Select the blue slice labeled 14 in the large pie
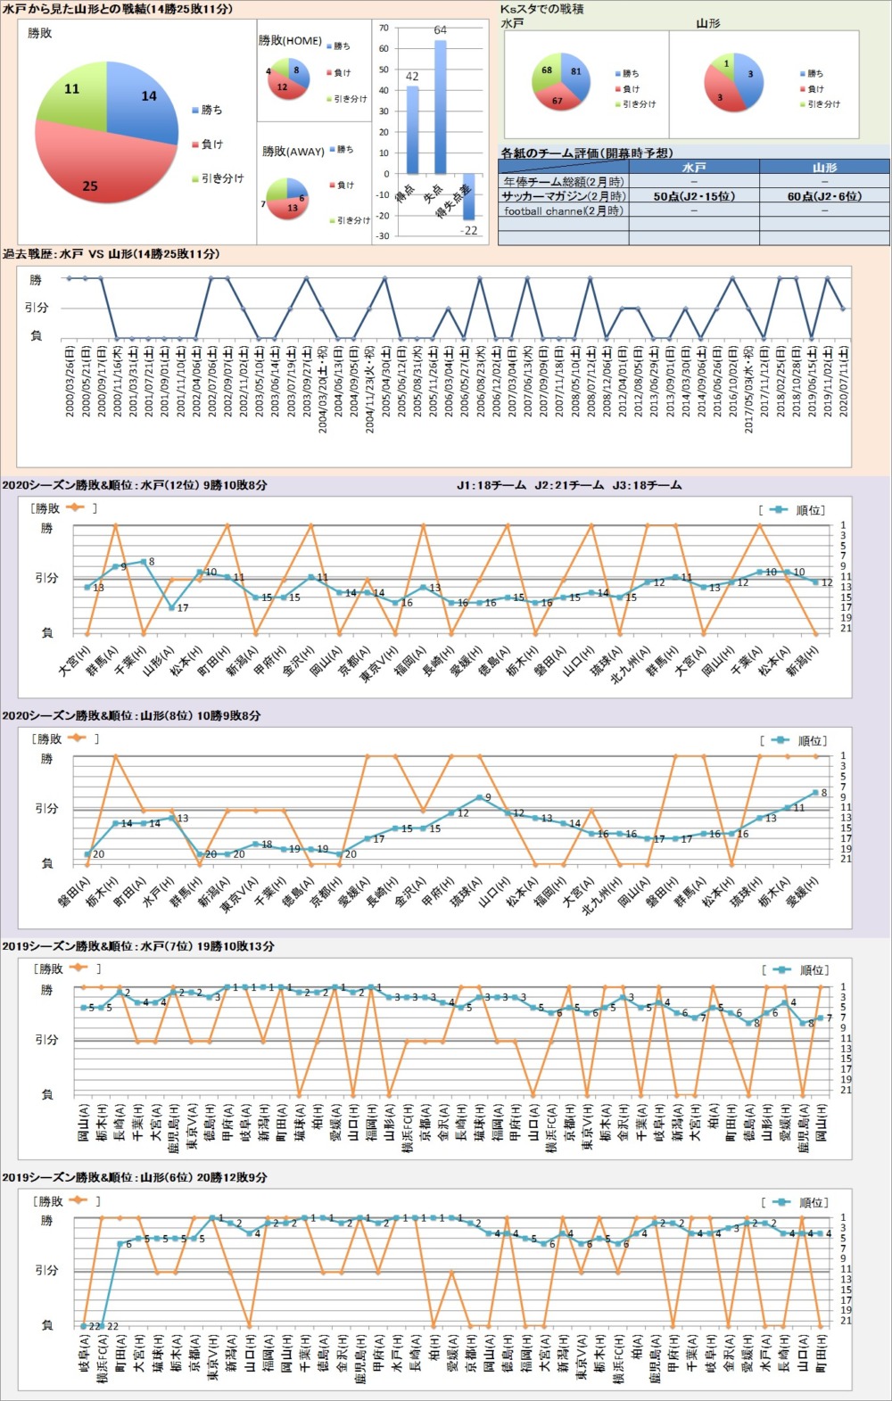143,103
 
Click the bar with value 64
440,107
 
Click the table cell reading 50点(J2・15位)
693,196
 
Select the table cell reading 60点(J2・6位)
824,196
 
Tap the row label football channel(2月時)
564,210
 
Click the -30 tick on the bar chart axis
383,236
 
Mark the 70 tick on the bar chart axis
384,29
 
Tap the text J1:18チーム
491,485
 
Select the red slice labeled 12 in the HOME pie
284,87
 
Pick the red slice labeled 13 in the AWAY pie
290,207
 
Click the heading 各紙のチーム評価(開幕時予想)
587,153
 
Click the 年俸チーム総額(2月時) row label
563,181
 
